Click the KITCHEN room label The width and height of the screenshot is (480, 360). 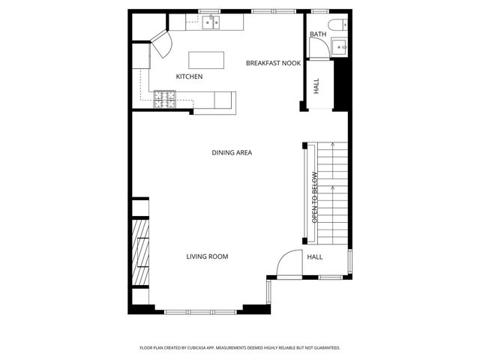click(189, 76)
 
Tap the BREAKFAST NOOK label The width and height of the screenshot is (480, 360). click(273, 63)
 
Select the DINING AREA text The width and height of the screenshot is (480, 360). click(232, 152)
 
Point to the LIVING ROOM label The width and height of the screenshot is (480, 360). click(207, 256)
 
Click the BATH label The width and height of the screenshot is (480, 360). click(317, 34)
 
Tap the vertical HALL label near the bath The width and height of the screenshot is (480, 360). click(316, 86)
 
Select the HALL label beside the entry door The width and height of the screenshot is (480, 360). click(315, 256)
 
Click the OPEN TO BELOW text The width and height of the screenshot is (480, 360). click(315, 197)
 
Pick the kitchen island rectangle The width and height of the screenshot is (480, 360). click(207, 59)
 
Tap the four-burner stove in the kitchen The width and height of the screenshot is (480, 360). click(165, 97)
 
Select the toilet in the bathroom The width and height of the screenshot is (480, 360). click(339, 22)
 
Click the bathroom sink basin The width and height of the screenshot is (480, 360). click(340, 47)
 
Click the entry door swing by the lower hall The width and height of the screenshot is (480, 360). click(287, 263)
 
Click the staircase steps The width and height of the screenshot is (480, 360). click(332, 192)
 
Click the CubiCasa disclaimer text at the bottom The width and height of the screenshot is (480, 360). click(240, 348)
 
